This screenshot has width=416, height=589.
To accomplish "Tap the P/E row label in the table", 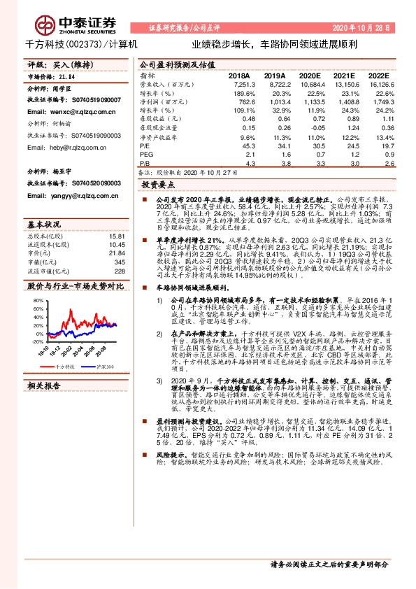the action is pyautogui.click(x=145, y=146).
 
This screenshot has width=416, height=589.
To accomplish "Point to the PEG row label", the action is pyautogui.click(x=146, y=154).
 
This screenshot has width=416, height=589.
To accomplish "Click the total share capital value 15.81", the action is pyautogui.click(x=117, y=236).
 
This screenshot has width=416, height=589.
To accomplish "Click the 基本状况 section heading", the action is pyautogui.click(x=44, y=225).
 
